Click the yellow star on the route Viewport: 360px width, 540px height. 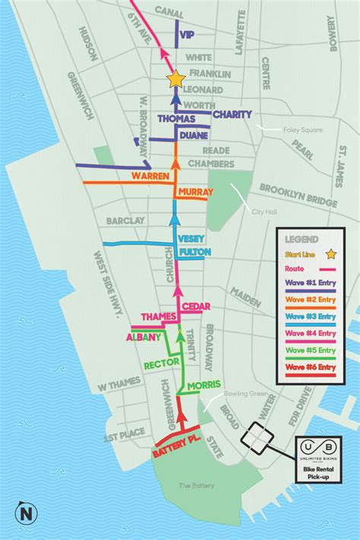coord(175,78)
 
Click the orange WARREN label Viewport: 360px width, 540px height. coord(149,175)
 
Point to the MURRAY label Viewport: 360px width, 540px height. coord(196,193)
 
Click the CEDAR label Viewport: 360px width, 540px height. coord(196,306)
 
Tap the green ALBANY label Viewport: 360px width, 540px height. coord(143,337)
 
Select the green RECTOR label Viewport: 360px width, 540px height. coord(162,362)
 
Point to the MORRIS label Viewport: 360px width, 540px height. coord(203,385)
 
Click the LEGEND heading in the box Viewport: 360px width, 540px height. coord(302,237)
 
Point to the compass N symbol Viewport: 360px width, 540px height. coord(28,513)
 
